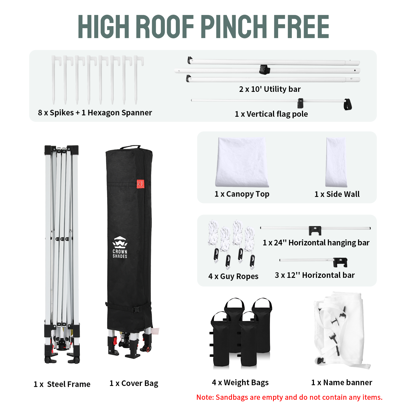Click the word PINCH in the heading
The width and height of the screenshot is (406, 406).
click(x=234, y=26)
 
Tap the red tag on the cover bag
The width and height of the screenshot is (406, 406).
click(x=140, y=184)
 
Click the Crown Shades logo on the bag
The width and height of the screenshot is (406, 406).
click(x=120, y=247)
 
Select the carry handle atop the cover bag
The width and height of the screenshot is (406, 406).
click(x=130, y=147)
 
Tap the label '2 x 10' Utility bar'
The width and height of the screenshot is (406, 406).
click(x=270, y=89)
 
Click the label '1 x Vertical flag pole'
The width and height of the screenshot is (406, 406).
click(x=271, y=114)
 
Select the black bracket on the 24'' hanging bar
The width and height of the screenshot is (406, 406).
click(x=315, y=230)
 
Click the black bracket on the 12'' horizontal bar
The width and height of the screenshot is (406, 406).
click(x=340, y=262)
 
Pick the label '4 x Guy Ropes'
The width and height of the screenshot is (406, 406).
click(x=233, y=276)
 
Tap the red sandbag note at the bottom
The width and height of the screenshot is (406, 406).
click(x=289, y=397)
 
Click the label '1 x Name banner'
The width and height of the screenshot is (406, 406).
click(x=342, y=382)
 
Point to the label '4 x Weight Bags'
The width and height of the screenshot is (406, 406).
click(x=240, y=382)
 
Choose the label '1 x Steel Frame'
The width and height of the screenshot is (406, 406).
click(x=62, y=384)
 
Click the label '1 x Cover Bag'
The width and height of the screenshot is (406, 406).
click(x=134, y=383)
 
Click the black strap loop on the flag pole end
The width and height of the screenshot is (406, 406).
click(x=348, y=104)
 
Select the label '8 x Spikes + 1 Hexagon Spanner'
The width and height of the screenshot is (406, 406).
click(x=95, y=113)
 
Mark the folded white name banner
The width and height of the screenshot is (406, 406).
click(x=341, y=330)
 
